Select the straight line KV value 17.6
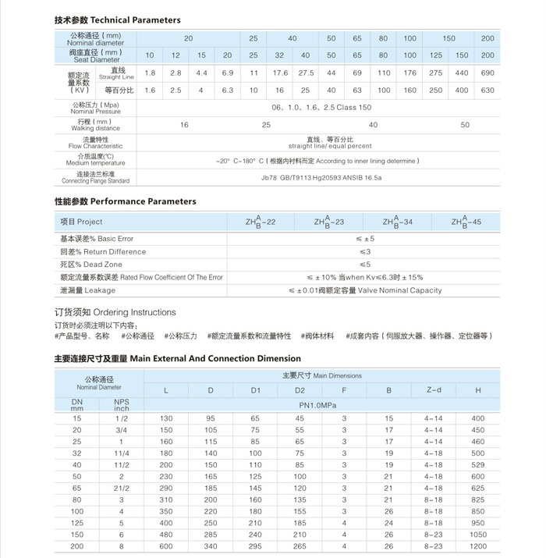click(x=279, y=73)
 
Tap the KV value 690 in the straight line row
click(x=487, y=73)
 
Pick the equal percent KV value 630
click(x=487, y=90)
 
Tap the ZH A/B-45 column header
click(x=466, y=222)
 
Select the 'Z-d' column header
click(x=434, y=389)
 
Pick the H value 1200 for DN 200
click(x=477, y=546)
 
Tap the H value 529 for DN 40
click(x=477, y=464)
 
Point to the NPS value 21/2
click(x=121, y=488)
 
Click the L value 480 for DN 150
click(x=166, y=535)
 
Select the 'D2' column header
click(x=300, y=389)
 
